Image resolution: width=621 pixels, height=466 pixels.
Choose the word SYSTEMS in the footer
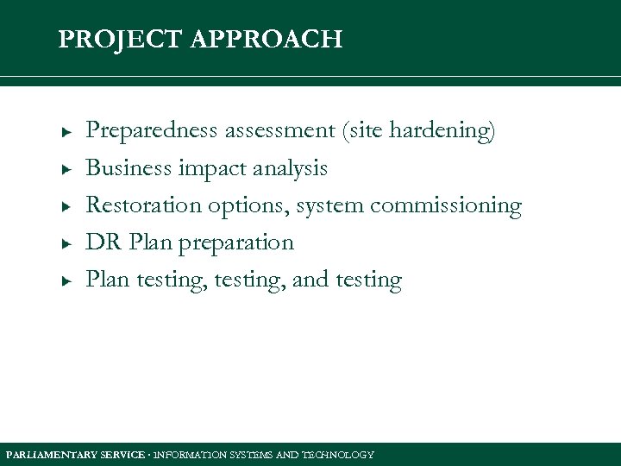click(250, 455)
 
